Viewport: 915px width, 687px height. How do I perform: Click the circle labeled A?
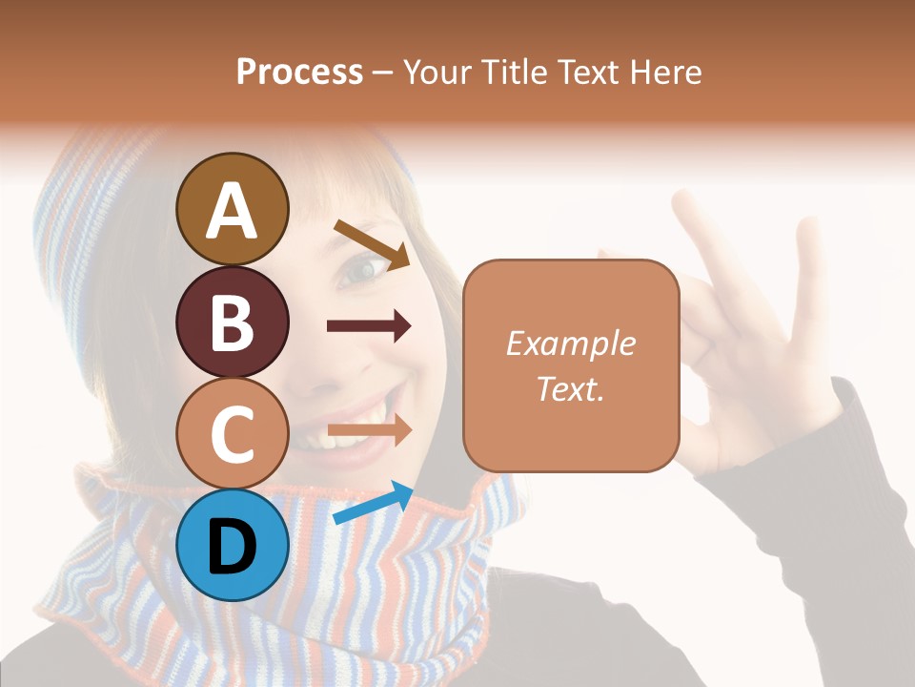coord(232,209)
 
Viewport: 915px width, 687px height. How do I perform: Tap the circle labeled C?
coord(232,434)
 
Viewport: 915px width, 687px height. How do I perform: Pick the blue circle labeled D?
coord(232,546)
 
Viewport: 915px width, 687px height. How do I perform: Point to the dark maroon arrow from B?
coord(369,326)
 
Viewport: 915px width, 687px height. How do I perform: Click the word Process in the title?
coord(299,72)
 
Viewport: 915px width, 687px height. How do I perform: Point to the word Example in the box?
coord(570,343)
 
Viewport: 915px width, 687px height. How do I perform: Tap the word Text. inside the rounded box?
coord(570,388)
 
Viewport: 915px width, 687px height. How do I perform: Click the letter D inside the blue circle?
coord(232,548)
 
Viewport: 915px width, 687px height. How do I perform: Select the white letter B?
coord(232,323)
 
